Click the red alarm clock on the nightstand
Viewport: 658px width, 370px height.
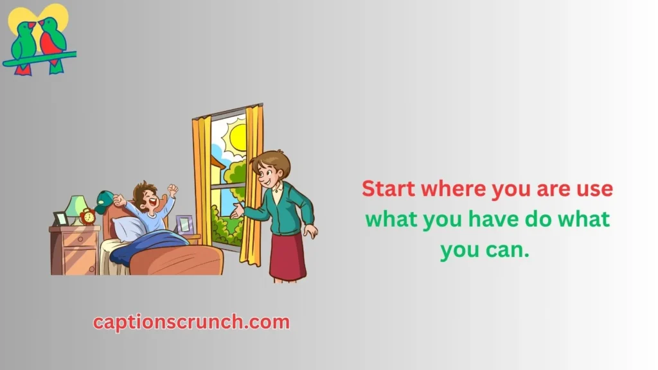[x=88, y=216]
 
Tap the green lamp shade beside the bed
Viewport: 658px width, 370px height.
[x=76, y=206]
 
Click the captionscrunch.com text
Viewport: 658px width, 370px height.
[x=191, y=322]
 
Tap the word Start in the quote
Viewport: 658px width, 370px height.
[x=388, y=188]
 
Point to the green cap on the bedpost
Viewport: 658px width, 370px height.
[x=103, y=201]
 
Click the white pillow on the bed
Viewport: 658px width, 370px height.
[x=128, y=229]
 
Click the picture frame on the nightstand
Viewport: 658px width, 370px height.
[x=60, y=219]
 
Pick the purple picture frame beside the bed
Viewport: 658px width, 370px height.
[x=184, y=224]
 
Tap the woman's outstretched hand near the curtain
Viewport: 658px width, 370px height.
[x=237, y=211]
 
